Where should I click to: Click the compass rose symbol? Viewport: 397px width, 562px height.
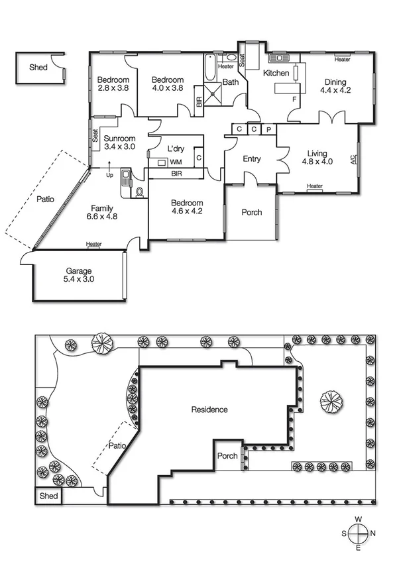point(359,533)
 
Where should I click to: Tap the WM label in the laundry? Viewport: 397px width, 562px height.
point(176,162)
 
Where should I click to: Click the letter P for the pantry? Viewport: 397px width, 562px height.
point(268,129)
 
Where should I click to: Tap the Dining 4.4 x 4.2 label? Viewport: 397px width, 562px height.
point(335,85)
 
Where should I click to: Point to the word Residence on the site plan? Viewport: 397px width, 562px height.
point(209,410)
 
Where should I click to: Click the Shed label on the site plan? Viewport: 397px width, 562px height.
point(49,496)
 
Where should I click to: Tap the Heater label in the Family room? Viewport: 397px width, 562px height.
point(94,245)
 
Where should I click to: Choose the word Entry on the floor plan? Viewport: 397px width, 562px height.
point(252,159)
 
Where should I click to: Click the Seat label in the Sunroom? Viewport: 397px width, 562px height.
point(95,139)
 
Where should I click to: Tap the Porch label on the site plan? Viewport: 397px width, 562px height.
point(228,456)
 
